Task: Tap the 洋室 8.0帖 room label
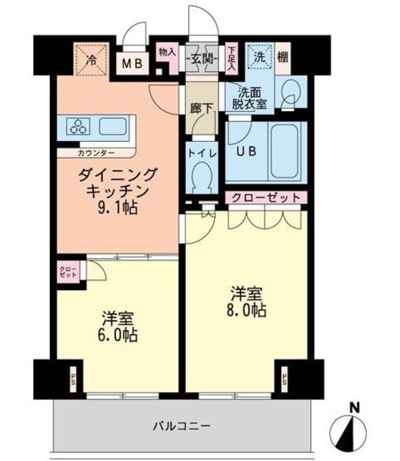point(249,303)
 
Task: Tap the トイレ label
point(200,152)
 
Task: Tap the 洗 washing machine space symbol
point(258,57)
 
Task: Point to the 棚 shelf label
point(284,57)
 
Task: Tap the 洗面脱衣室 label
point(248,97)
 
